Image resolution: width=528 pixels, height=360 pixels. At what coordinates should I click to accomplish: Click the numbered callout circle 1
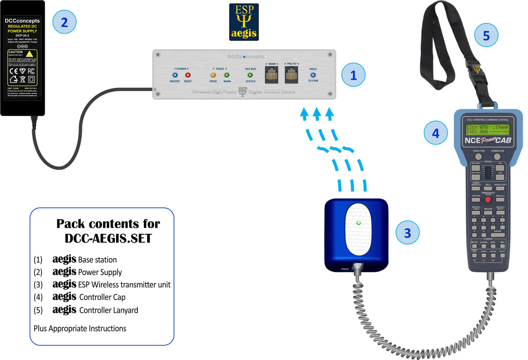click(353, 75)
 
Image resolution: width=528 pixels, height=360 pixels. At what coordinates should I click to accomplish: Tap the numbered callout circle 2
click(64, 22)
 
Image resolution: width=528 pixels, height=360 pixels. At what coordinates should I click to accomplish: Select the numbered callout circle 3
click(407, 233)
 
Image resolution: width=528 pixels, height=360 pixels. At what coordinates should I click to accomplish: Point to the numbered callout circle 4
click(436, 133)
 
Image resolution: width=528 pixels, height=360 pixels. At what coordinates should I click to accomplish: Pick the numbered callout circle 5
click(486, 35)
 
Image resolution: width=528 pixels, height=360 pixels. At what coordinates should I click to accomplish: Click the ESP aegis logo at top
click(244, 22)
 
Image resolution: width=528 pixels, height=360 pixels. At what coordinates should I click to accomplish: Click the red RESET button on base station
click(188, 75)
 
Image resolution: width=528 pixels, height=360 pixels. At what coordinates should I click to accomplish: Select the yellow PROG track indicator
click(213, 75)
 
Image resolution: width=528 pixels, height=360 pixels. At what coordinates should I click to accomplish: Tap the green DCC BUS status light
click(250, 75)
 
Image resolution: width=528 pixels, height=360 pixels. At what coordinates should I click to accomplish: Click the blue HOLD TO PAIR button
click(313, 75)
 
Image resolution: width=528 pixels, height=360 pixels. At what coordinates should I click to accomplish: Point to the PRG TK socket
click(291, 75)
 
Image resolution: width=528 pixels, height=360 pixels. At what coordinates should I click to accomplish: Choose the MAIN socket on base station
click(271, 75)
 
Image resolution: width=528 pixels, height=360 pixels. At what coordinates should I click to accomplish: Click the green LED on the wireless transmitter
click(358, 223)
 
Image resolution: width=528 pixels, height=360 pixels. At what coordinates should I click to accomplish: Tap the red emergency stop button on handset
click(488, 200)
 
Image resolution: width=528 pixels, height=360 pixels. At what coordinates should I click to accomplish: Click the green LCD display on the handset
click(487, 129)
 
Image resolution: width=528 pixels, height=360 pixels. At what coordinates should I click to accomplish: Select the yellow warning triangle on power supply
click(30, 54)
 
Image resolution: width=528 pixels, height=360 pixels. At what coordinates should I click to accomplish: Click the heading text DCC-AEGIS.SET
click(108, 238)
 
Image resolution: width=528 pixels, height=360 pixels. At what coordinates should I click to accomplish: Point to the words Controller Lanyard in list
click(109, 310)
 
